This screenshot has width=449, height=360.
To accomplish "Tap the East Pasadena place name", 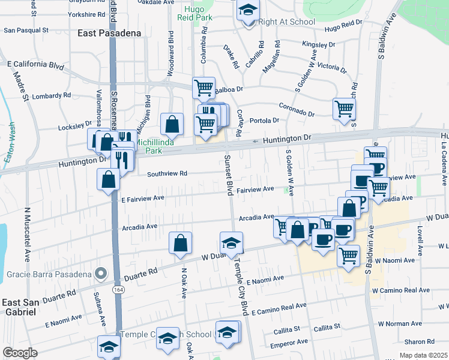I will pos(109,34).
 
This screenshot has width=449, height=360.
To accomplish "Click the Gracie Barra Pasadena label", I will pos(50,274).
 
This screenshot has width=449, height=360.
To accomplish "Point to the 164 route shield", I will pos(117,290).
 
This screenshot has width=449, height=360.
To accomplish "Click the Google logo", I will pos(20,353).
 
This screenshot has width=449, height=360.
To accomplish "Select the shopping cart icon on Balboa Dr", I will pos(203,88).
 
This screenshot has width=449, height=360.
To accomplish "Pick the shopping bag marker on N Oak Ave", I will pos(180,243).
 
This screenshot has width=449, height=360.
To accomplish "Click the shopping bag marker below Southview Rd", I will pos(109,179).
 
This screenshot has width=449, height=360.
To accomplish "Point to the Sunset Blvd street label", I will pos(229,174).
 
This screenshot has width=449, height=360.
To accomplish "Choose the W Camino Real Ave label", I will pos(400,290).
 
